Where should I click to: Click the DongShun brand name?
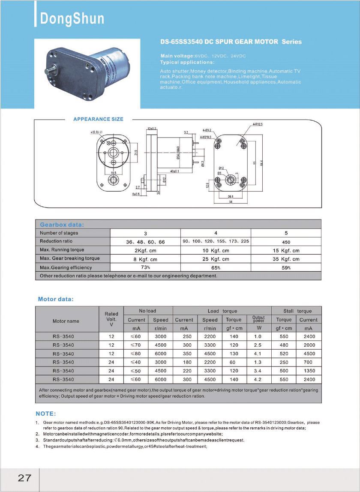pyautogui.click(x=72, y=18)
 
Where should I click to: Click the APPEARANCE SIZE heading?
pyautogui.click(x=98, y=119)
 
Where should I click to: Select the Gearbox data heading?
pyautogui.click(x=62, y=225)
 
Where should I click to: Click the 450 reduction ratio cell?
pyautogui.click(x=286, y=242)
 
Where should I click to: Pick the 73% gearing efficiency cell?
pyautogui.click(x=145, y=267)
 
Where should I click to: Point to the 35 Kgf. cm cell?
pyautogui.click(x=286, y=259)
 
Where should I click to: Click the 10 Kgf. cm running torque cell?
pyautogui.click(x=216, y=250)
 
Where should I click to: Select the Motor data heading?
pyautogui.click(x=56, y=299)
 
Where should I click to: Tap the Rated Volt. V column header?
pyautogui.click(x=111, y=319)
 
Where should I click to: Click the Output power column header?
pyautogui.click(x=258, y=319)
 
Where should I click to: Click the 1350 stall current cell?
pyautogui.click(x=309, y=371)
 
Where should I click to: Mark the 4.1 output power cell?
pyautogui.click(x=258, y=354)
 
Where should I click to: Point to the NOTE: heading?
pyautogui.click(x=45, y=414)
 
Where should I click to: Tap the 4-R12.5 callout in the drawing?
pyautogui.click(x=257, y=124)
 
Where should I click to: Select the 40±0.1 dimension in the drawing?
pyautogui.click(x=174, y=171)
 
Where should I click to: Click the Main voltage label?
pyautogui.click(x=177, y=56)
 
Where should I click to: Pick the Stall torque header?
pyautogui.click(x=297, y=311)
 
